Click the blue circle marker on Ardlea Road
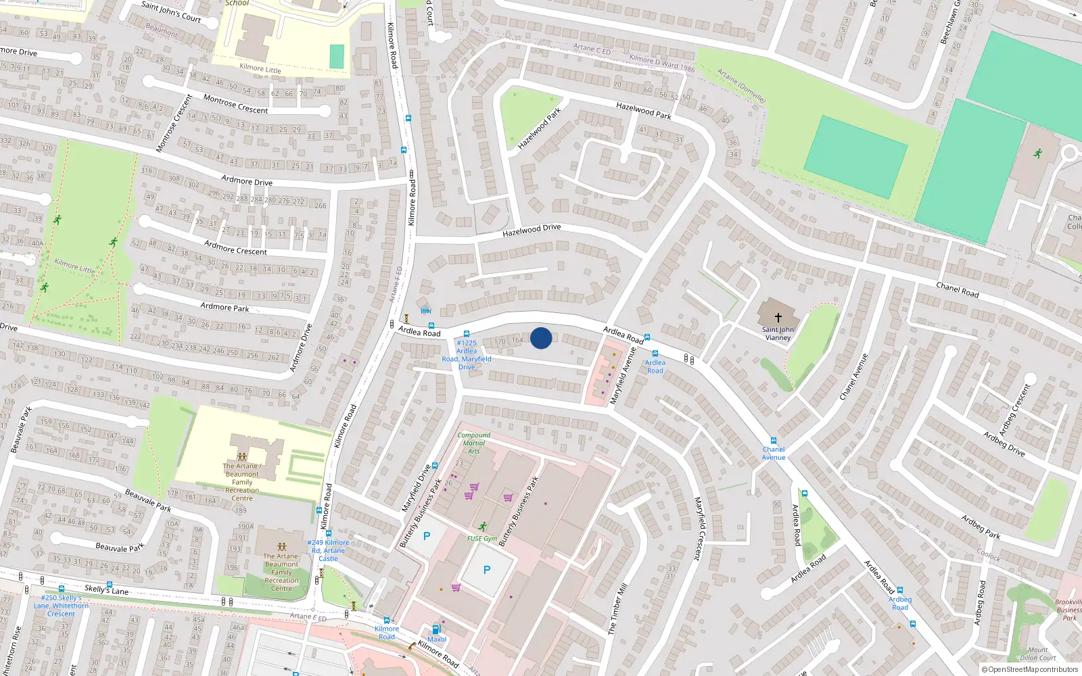(541, 338)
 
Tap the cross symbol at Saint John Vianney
(778, 317)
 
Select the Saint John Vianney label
(778, 334)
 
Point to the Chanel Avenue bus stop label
(774, 454)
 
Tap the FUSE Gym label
(482, 539)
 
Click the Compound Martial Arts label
(473, 443)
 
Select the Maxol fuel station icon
(436, 629)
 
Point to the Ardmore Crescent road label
(235, 247)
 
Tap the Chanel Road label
(957, 289)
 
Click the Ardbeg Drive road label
(1004, 443)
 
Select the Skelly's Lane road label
(106, 589)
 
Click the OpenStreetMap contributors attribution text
(1030, 670)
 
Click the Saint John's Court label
(171, 11)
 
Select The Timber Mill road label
(617, 608)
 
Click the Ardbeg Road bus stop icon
(900, 590)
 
